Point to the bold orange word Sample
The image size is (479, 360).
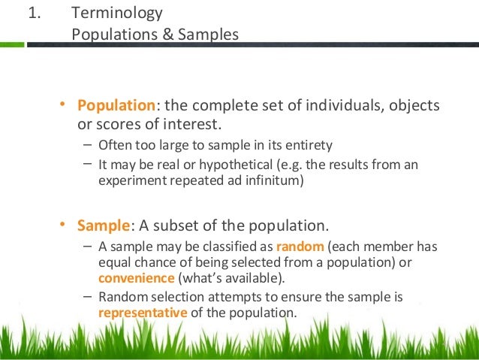(x=104, y=226)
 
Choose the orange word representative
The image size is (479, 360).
(x=143, y=311)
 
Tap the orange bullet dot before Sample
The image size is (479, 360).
(x=64, y=225)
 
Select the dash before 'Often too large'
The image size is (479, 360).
(x=89, y=145)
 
